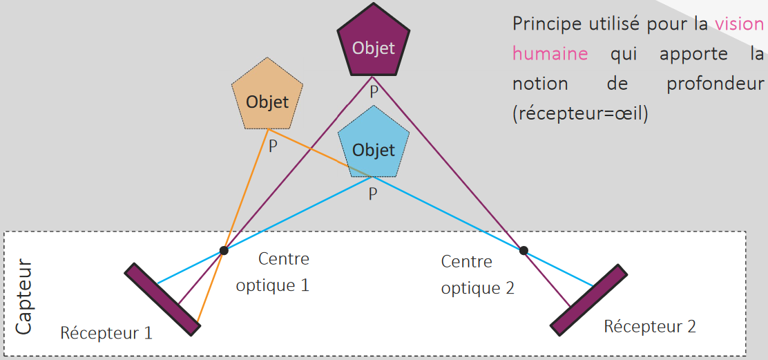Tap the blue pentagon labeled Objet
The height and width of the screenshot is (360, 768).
tap(374, 146)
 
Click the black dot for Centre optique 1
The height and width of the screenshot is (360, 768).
tap(224, 249)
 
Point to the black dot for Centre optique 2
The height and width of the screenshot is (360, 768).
tap(524, 250)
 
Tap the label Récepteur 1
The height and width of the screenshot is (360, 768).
tap(106, 332)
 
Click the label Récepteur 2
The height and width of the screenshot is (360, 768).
tap(650, 326)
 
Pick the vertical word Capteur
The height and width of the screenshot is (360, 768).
tap(23, 297)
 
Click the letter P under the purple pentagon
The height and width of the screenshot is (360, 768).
tap(374, 91)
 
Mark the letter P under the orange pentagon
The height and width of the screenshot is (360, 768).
tap(273, 147)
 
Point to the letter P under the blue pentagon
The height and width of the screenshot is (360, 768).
tap(373, 194)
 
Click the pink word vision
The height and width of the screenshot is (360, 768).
tap(739, 24)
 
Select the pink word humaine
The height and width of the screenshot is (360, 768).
tap(550, 54)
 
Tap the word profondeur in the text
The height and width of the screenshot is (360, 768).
tap(716, 84)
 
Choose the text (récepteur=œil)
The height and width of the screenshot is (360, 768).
tap(580, 114)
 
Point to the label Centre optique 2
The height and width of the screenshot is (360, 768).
tap(477, 274)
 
